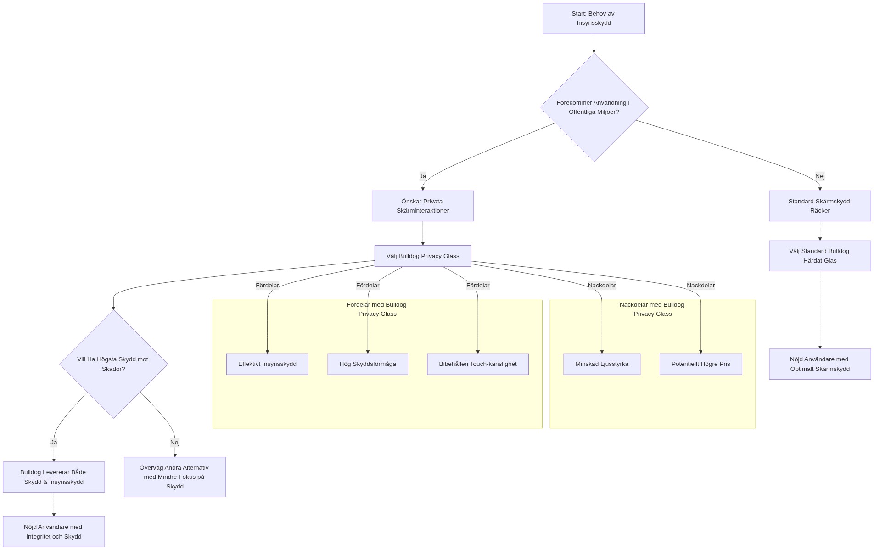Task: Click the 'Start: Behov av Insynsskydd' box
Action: (594, 18)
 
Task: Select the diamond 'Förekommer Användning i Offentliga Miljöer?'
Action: (594, 107)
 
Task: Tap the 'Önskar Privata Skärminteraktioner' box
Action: (422, 206)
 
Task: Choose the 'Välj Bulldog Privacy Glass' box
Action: (422, 256)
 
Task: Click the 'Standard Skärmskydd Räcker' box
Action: (819, 206)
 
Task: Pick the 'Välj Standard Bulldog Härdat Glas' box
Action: (819, 256)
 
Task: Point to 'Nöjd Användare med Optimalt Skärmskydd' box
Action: (819, 364)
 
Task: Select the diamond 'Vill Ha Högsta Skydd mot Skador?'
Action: (113, 364)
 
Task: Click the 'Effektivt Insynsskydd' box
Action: (267, 364)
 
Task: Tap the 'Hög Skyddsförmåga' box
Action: (367, 364)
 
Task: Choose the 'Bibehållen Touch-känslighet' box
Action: (477, 364)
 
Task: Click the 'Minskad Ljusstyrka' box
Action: (601, 364)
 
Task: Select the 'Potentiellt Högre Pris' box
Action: (700, 364)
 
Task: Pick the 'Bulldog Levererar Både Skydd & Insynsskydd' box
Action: (54, 477)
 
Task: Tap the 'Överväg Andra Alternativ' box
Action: (174, 477)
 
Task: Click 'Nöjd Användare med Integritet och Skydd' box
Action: (54, 532)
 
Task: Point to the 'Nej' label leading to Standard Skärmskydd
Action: (820, 176)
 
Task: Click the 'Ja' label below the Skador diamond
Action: (54, 443)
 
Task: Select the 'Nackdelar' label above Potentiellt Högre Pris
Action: (700, 285)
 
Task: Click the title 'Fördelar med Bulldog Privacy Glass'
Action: (377, 309)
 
